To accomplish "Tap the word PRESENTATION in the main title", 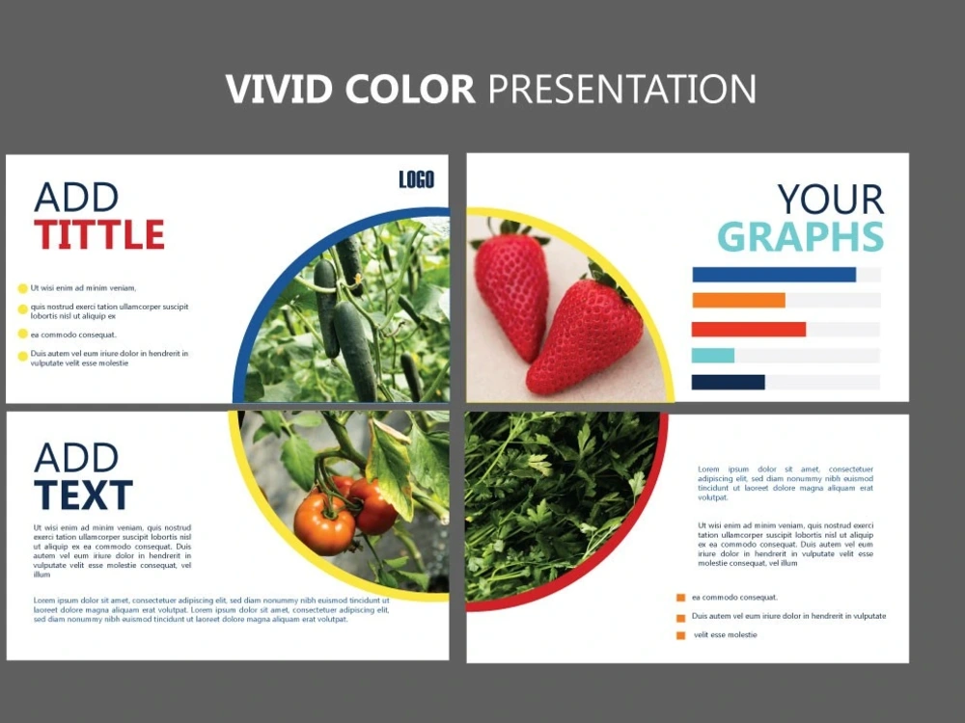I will [x=621, y=89].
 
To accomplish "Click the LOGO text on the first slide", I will [x=416, y=179].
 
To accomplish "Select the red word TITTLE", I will [x=99, y=234].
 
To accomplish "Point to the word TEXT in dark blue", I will [x=83, y=495].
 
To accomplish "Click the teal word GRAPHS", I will [x=800, y=237].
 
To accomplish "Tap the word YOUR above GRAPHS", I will [x=830, y=200].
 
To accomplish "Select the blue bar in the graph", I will [x=773, y=275].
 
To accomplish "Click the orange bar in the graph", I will [x=738, y=301].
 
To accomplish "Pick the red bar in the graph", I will [x=748, y=329].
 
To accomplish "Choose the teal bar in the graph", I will [x=713, y=356].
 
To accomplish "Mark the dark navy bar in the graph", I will [x=728, y=383].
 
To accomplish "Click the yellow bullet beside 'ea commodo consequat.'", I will [x=23, y=335].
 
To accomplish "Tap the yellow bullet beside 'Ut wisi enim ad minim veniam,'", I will [x=23, y=288].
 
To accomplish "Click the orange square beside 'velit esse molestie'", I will [x=680, y=635].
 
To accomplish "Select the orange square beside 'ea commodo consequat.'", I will [x=680, y=598].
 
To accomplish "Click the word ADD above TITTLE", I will [x=76, y=198].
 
